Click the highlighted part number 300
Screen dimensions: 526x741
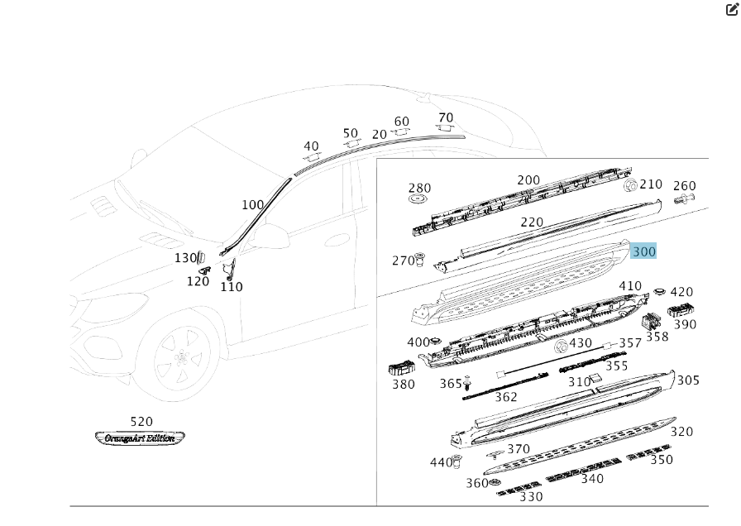coord(643,251)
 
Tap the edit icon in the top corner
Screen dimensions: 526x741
coord(732,10)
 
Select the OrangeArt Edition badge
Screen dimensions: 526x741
coord(140,438)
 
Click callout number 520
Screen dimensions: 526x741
coord(141,422)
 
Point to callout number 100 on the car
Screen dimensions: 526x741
coord(253,205)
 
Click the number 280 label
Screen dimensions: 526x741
coord(420,189)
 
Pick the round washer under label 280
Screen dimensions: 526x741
coord(419,199)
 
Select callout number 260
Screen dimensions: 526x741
coord(685,186)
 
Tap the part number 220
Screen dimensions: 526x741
coord(532,222)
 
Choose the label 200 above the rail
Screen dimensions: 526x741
coord(528,180)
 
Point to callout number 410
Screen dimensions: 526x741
coord(630,286)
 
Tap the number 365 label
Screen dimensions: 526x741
coord(451,384)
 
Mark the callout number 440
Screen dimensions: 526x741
coord(442,462)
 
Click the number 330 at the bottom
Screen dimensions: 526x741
coord(531,497)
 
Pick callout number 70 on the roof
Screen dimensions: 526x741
coord(446,117)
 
